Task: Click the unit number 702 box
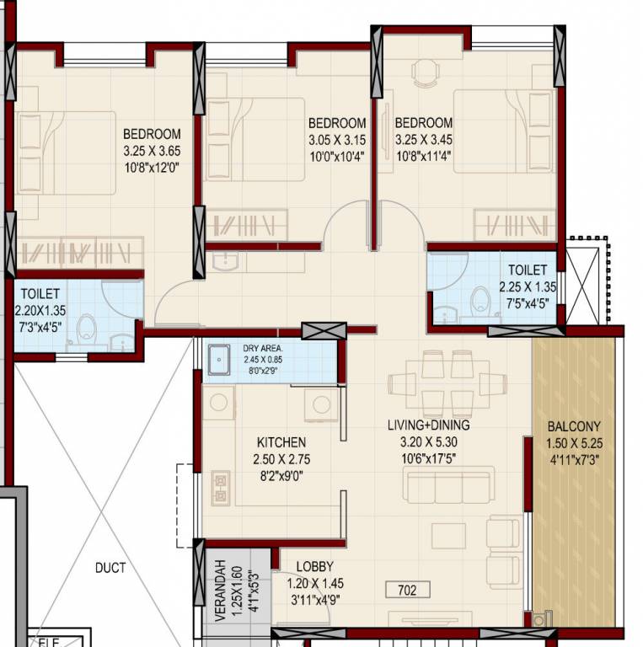tap(408, 591)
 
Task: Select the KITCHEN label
tap(281, 442)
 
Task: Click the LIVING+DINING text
tap(428, 425)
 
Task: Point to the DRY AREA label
tap(263, 348)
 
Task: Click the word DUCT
tap(110, 568)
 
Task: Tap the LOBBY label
tap(314, 567)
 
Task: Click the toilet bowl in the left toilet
tap(86, 329)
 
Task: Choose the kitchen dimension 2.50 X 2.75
tap(281, 459)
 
